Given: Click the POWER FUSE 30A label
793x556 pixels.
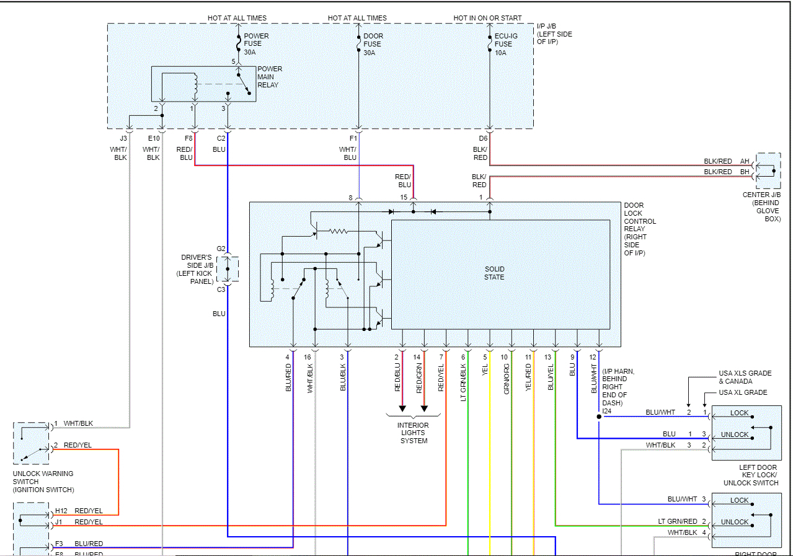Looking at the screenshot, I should coord(253,44).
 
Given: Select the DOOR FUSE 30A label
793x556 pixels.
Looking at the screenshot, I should coord(373,44).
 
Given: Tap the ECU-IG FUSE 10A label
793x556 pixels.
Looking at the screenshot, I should coord(505,44).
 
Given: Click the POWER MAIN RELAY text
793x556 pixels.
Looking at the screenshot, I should coord(270,77).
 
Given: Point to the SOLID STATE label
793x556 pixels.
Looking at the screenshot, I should coord(494,273).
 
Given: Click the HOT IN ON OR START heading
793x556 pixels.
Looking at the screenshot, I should coord(487,18).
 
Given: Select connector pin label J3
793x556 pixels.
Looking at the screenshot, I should coord(123,138).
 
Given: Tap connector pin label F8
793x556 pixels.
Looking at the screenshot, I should coord(188,138).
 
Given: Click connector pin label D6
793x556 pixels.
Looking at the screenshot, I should coord(483,138).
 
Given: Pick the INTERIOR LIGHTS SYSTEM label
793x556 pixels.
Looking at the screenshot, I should coord(414,433).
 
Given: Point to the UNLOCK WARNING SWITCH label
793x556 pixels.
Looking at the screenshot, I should coord(43,482).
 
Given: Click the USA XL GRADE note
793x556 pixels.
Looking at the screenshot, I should coord(743,392).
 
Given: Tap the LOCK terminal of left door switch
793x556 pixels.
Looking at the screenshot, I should coord(739,413).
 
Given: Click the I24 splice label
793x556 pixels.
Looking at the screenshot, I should coord(607,411).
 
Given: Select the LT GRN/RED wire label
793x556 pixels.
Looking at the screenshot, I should coord(678,522).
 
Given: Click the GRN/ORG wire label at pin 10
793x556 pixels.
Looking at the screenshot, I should coord(507,377).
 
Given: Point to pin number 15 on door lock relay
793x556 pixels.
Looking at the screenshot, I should coord(404,197).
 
